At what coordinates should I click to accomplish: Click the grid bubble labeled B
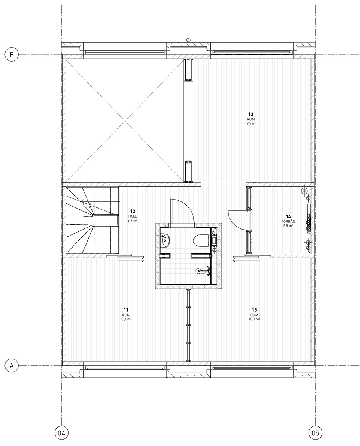tap(12, 54)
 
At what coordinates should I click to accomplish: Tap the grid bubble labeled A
tap(12, 366)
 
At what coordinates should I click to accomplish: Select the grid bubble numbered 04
tap(61, 434)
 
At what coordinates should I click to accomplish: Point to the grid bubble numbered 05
tap(315, 434)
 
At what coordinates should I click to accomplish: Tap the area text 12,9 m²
tap(250, 123)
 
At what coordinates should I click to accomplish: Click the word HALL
tap(132, 216)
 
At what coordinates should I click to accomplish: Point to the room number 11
tap(126, 310)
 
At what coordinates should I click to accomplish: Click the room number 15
tap(255, 310)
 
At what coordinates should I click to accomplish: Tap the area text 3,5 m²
tap(288, 225)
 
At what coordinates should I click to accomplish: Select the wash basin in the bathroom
tap(165, 241)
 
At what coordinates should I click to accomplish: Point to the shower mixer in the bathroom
tap(204, 272)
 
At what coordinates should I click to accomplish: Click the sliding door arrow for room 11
tap(131, 260)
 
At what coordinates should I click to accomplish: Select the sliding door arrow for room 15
tap(246, 260)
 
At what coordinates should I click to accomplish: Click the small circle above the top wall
tap(188, 40)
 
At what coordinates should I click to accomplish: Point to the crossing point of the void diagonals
tap(124, 121)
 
